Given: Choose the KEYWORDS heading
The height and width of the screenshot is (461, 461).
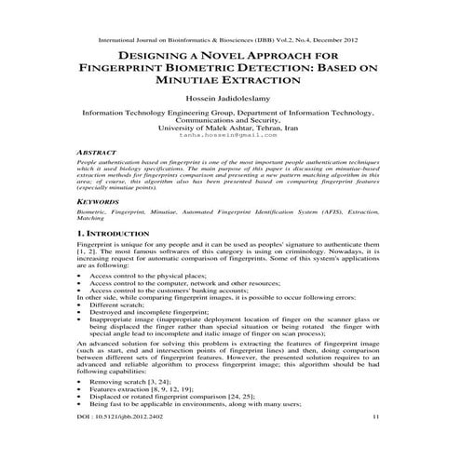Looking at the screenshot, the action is (x=100, y=200).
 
